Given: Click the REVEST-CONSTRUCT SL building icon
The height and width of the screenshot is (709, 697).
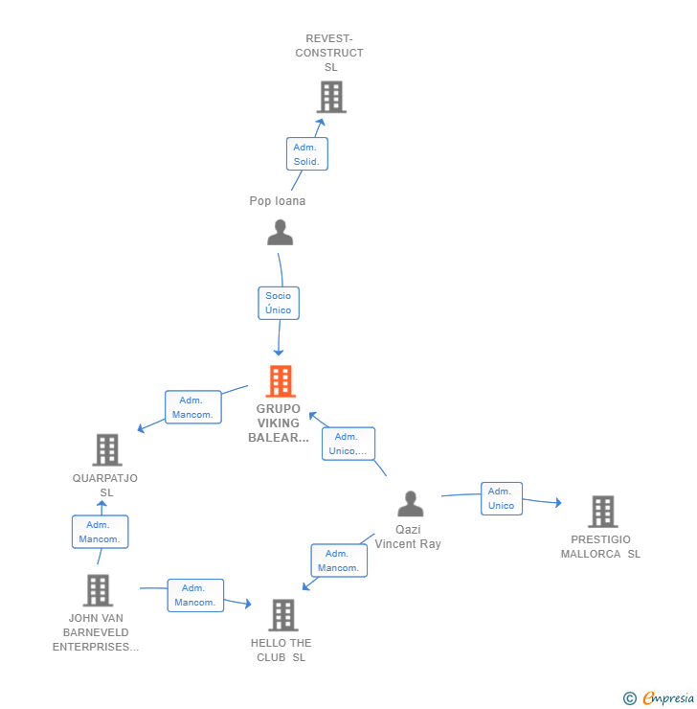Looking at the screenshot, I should point(330,97).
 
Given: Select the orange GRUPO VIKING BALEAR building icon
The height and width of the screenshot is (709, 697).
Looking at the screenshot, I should point(280,381).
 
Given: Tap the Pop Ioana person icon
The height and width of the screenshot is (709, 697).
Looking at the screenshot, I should point(280,233).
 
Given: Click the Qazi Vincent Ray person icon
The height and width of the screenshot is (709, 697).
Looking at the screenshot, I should point(411,504).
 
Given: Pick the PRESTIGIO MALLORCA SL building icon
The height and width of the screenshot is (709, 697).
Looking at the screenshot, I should point(602,512).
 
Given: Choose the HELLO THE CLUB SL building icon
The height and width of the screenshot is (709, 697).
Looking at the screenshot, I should point(282,615).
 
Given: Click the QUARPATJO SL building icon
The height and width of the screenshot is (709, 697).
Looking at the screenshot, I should point(106,449).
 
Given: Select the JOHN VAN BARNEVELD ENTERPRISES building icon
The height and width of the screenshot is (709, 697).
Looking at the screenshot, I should point(98,590).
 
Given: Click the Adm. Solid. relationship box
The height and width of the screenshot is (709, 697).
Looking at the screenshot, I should point(306,154).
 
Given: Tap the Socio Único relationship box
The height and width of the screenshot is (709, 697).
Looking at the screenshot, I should point(279,303).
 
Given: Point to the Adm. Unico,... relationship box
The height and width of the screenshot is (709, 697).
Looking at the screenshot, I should point(348,444).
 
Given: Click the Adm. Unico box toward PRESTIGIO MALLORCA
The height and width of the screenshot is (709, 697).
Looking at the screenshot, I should point(501,498).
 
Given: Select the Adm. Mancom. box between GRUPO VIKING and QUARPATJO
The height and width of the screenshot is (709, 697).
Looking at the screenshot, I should point(192,407).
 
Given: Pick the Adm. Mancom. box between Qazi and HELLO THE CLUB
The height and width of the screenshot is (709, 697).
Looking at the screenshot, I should point(338,560).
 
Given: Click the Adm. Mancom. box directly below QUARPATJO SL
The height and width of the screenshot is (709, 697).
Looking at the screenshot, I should point(100,532).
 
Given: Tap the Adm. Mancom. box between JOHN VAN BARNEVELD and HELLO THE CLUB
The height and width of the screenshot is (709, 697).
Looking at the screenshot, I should point(195,595).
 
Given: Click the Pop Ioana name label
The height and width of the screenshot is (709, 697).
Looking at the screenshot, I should point(278,201).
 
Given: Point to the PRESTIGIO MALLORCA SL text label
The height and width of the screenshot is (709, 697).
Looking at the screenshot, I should point(600,546).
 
